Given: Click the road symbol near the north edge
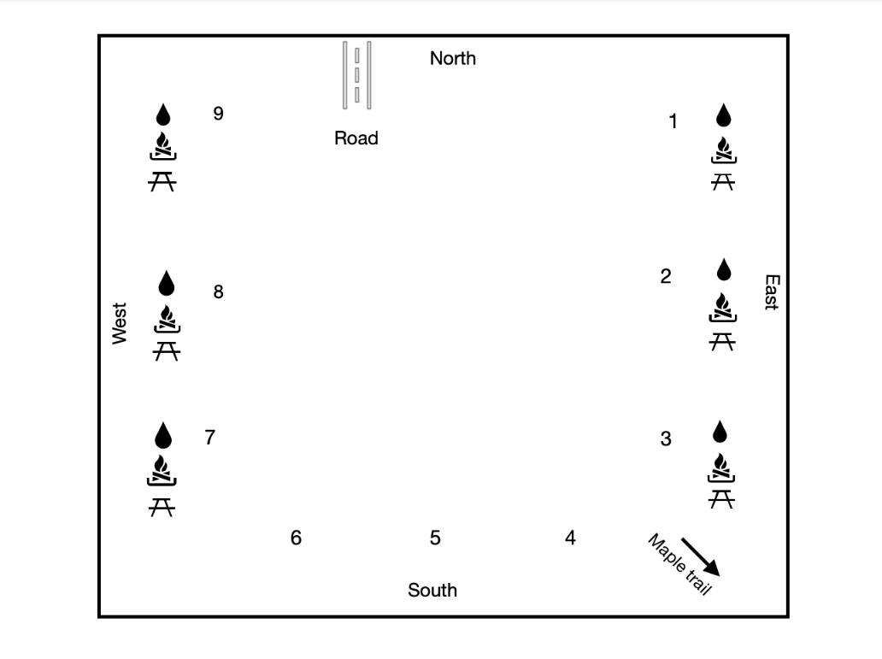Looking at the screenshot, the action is coord(356,75).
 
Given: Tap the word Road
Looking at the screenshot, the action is coord(356,138).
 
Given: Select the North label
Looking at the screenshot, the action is coord(453,58).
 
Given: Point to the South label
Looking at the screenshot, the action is coord(432,591).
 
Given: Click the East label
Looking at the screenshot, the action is coord(772,292).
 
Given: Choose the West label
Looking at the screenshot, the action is coord(120,324).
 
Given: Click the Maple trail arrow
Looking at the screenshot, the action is coord(700,557).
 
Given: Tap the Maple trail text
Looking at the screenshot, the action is coord(679,564).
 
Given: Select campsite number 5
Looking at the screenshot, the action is coord(435,538).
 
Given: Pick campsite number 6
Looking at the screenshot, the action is coord(296,538).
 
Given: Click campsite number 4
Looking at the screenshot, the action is coord(570,538).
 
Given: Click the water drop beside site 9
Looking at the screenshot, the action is coord(163,115).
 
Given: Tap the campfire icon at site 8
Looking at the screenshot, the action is coord(167,319).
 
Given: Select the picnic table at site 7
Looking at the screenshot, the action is coord(162,508).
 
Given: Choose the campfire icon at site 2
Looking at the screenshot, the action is coord(723,307).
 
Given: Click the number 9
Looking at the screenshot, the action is coord(218,114).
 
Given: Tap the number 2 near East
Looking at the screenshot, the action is coord(666,276).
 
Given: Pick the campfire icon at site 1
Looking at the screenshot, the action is coord(724,150).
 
